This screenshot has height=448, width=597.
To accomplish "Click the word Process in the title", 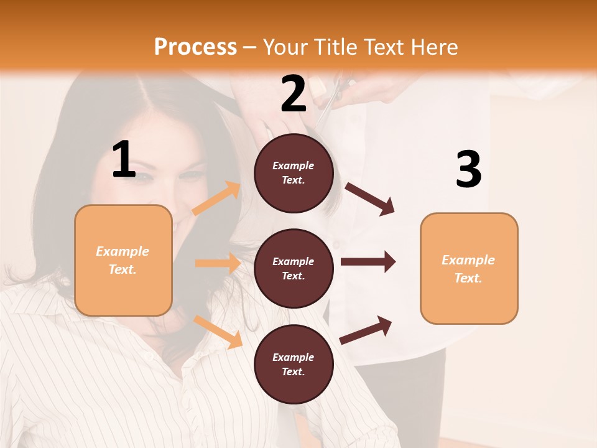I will coord(195,47).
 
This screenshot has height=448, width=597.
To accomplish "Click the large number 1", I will coord(124,160).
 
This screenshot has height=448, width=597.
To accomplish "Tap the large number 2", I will coord(294,94).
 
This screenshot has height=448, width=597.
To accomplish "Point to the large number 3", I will coord(468,169).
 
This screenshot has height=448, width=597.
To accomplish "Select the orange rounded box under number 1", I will coord(123,260).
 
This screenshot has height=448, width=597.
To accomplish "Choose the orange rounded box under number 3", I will coord(469,268).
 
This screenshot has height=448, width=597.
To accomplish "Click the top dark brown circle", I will coord(294,172).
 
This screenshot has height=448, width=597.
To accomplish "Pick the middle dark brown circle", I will coord(294,268).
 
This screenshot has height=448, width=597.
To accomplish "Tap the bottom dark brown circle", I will coord(294,364).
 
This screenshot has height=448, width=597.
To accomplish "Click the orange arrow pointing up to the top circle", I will coord(216,198).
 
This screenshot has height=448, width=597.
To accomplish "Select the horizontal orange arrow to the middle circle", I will coord(218,263).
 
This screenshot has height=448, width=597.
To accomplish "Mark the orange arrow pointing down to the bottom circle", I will coord(218,331).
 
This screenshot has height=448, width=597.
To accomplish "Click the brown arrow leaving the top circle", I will coord(370,198).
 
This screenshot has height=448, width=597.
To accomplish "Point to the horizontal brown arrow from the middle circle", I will coord(368,261).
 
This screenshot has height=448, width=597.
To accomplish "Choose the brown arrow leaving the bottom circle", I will coord(366,330).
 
